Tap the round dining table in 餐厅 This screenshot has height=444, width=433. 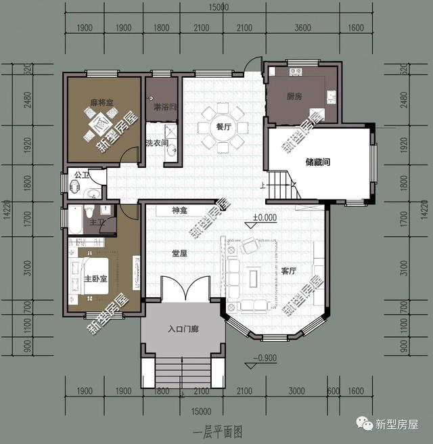coord(222,127)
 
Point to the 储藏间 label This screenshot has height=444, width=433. coord(317,162)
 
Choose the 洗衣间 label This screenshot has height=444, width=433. coord(156,143)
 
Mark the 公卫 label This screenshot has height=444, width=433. coord(81,175)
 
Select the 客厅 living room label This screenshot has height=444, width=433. coord(289,271)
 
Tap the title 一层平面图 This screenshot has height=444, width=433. coord(217,430)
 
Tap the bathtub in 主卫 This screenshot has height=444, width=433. coord(75,219)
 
